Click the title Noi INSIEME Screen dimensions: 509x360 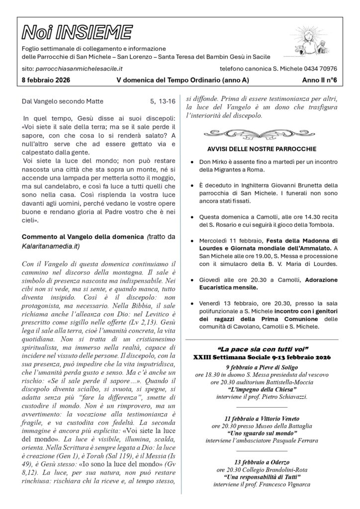pos(77,33)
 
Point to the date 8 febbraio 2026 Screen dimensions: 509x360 pos(46,80)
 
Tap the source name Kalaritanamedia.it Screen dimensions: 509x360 pos(51,246)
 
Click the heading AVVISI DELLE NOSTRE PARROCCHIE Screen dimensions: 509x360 pos(262,149)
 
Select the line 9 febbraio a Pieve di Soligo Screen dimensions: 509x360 pos(261,367)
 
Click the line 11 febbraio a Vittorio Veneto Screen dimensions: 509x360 pos(261,419)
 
